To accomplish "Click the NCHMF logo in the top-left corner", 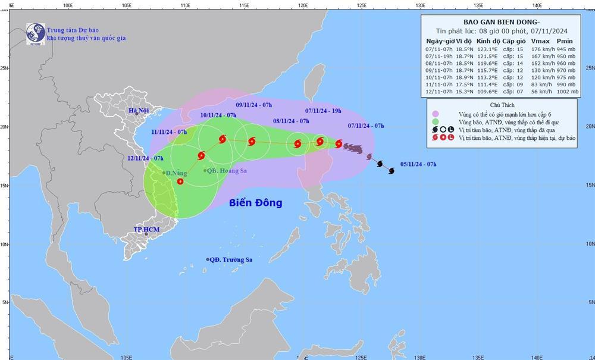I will click(35, 33).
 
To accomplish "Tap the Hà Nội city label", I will click(138, 111).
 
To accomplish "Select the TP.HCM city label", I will click(145, 229).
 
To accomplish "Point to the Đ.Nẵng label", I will click(176, 173).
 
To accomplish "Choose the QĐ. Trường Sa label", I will click(231, 259).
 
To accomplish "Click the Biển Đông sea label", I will click(255, 203).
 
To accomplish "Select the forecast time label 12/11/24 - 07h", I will click(145, 158).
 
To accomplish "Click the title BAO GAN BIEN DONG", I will click(498, 20).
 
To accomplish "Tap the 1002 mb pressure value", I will click(565, 92).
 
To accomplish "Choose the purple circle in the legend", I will click(436, 114).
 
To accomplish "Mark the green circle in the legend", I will click(436, 122).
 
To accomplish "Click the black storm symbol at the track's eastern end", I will click(392, 171).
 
